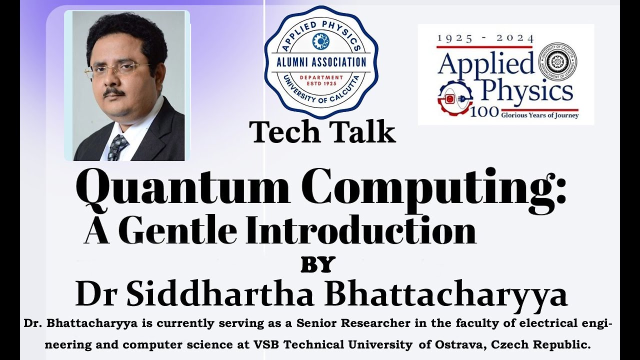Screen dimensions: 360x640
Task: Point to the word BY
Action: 317,264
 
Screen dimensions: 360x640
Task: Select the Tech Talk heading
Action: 323,132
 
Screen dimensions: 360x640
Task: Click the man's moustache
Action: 114,92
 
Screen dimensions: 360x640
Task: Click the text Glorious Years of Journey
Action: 540,115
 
